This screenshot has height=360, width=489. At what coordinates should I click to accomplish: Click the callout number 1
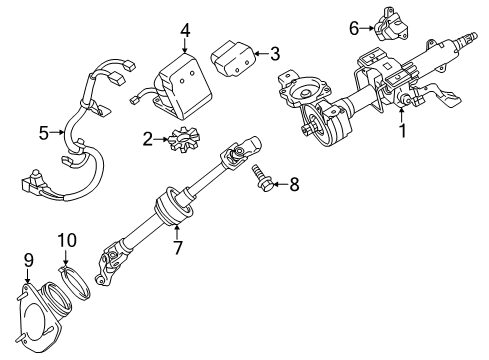pos(401,157)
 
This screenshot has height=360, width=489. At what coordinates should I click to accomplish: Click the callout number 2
pos(148,138)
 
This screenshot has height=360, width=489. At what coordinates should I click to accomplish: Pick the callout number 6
pos(353,28)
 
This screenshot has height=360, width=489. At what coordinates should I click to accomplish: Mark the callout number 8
pos(294,184)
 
